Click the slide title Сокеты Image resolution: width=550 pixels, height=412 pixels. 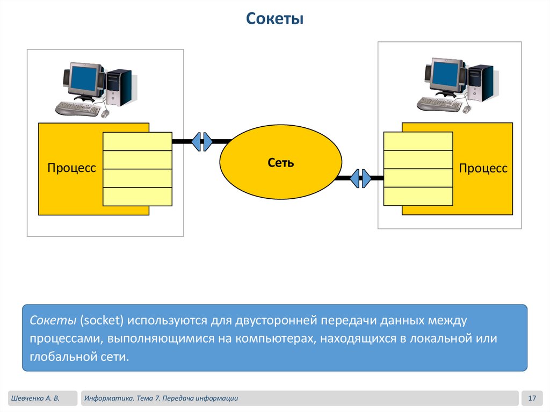(x=275, y=20)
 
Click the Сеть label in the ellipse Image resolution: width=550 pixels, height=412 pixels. (x=281, y=163)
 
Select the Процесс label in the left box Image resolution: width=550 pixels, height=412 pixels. (x=71, y=168)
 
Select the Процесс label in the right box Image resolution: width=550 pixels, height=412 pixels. (x=483, y=168)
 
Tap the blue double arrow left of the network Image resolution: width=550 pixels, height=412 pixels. (x=202, y=141)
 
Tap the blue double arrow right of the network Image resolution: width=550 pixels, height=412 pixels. (x=360, y=178)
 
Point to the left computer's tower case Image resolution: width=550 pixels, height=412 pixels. (x=119, y=88)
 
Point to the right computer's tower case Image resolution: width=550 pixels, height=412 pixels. (x=480, y=83)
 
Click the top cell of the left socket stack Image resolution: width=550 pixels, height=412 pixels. (x=137, y=141)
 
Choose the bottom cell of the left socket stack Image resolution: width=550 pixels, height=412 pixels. (x=137, y=197)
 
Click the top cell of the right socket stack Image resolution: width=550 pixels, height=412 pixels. (x=418, y=141)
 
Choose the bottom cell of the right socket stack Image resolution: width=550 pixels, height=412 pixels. (x=418, y=197)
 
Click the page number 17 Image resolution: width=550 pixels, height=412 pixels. (x=533, y=398)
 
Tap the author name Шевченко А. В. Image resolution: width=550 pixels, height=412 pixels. (x=33, y=398)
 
